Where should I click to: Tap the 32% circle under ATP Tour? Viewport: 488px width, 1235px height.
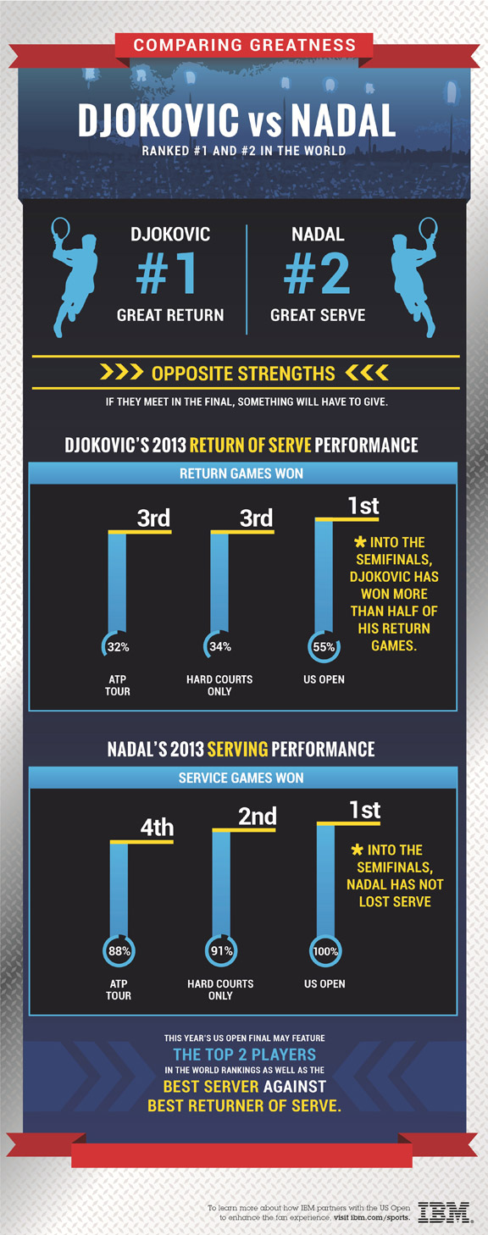(117, 647)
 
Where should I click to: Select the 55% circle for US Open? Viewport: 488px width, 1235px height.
(323, 647)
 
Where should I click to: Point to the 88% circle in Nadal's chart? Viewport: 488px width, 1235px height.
(119, 951)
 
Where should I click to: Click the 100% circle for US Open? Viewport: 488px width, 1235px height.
(324, 951)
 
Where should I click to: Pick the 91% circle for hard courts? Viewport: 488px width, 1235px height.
(221, 951)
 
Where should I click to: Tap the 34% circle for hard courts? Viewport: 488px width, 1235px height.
(219, 647)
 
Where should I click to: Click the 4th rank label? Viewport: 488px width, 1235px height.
(157, 827)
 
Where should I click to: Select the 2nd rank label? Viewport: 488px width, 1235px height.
(258, 816)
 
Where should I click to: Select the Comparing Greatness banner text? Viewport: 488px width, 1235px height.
(244, 45)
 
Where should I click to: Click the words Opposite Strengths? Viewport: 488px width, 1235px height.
(243, 373)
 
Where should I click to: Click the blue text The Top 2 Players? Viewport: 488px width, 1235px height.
(244, 1055)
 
